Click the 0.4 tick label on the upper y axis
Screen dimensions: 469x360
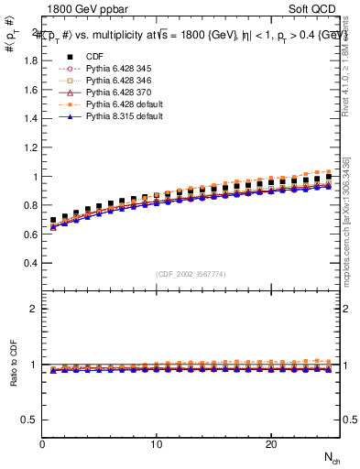tap(29, 263)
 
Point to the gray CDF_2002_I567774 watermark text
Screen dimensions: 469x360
tap(191, 274)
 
